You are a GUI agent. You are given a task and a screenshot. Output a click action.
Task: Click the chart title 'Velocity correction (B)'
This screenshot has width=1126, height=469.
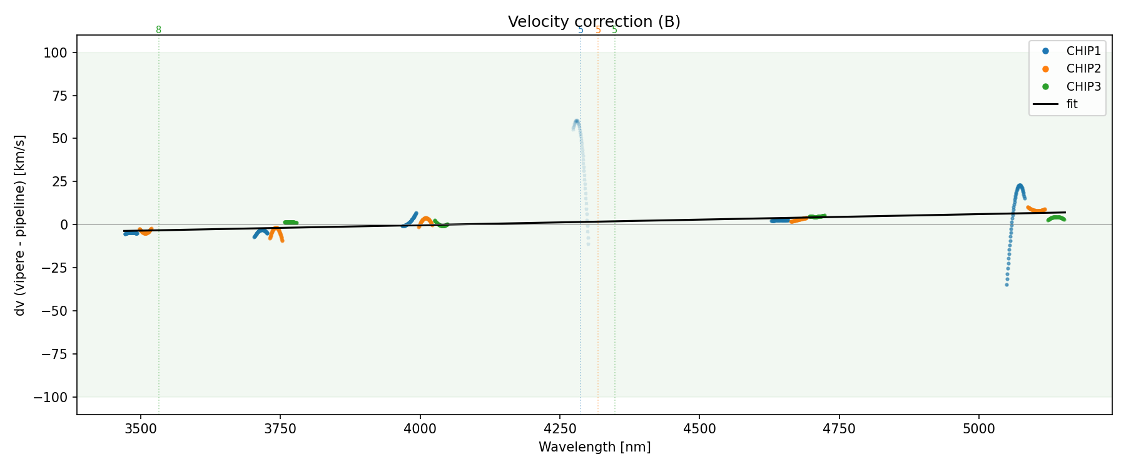[x=594, y=22]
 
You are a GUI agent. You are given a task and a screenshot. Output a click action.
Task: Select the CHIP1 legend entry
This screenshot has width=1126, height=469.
[x=1083, y=51]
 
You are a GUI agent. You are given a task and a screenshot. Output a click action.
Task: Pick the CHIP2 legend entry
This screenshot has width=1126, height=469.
[x=1083, y=69]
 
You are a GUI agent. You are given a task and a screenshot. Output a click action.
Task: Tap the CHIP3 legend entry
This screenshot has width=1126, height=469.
[x=1083, y=87]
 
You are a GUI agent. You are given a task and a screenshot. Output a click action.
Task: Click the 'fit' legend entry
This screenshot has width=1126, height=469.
[x=1072, y=104]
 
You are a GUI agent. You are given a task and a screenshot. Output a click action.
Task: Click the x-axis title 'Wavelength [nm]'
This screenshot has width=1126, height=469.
[x=594, y=447]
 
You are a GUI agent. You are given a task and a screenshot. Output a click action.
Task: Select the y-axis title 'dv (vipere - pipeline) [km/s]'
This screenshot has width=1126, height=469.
[x=20, y=225]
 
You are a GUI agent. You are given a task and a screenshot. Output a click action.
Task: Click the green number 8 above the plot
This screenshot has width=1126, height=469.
[x=158, y=30]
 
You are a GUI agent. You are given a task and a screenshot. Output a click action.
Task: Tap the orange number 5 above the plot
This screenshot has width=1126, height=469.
[x=598, y=30]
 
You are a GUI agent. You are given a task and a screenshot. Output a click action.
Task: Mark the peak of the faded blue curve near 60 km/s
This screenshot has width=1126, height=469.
[x=576, y=121]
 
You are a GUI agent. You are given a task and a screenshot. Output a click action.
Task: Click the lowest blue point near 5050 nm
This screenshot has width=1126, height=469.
[x=1007, y=285]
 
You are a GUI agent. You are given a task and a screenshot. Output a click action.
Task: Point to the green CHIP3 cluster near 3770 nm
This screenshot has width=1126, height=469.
[x=290, y=223]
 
